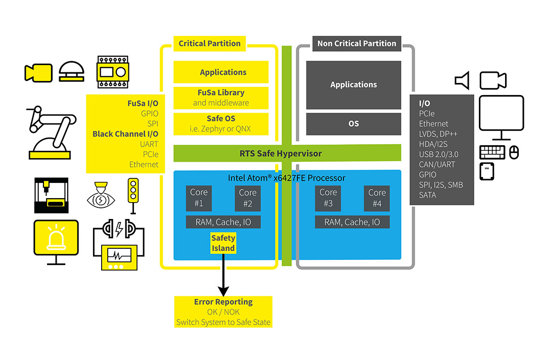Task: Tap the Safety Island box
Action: tap(223, 243)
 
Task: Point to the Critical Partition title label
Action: tap(209, 43)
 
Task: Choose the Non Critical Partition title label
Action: tap(356, 43)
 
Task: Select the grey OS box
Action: tap(353, 123)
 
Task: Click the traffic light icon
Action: tap(133, 191)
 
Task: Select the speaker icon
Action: tap(462, 80)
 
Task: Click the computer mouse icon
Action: tap(514, 152)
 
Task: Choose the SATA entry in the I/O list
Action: tap(427, 195)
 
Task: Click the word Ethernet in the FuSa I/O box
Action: tap(144, 164)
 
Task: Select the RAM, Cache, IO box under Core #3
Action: tap(352, 222)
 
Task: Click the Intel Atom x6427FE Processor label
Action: tap(287, 178)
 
